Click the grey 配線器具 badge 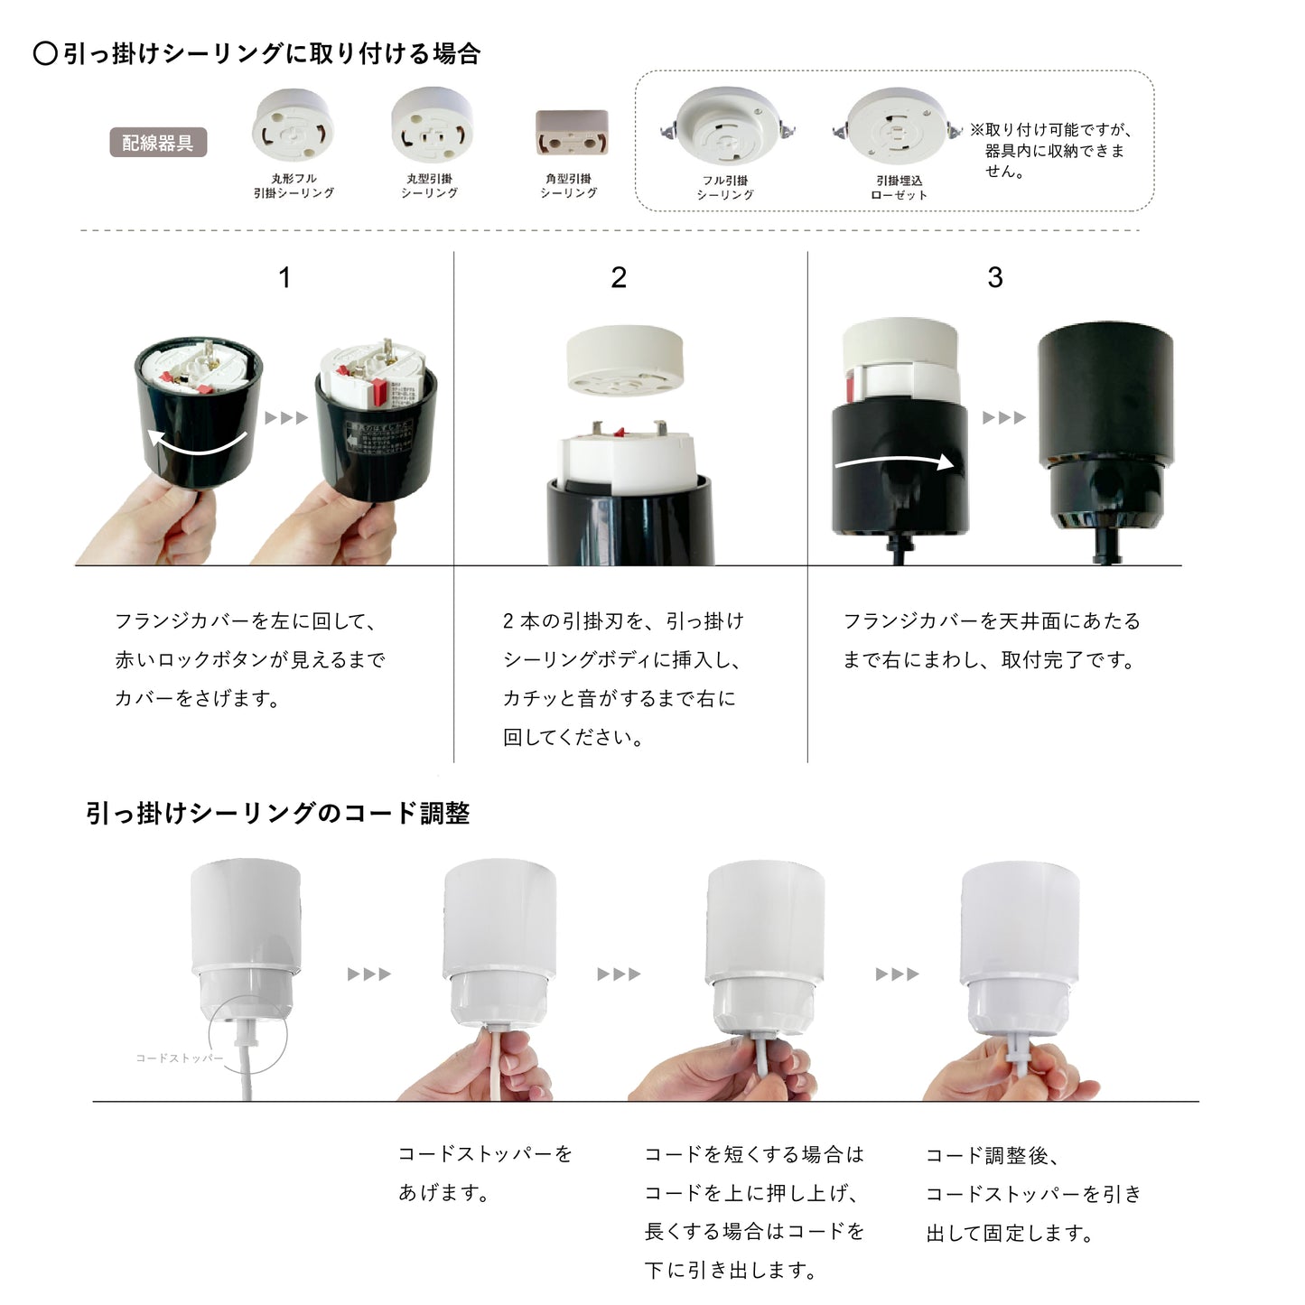pyautogui.click(x=158, y=143)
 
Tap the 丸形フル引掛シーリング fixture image pyautogui.click(x=293, y=128)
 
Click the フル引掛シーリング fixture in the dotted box pyautogui.click(x=726, y=131)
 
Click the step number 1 pyautogui.click(x=284, y=277)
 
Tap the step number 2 pyautogui.click(x=619, y=277)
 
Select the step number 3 pyautogui.click(x=995, y=277)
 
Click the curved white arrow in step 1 pyautogui.click(x=198, y=443)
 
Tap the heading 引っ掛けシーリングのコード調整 pyautogui.click(x=277, y=813)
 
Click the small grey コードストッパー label pyautogui.click(x=179, y=1058)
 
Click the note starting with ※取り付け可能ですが pyautogui.click(x=1053, y=150)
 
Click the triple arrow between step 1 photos pyautogui.click(x=286, y=418)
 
